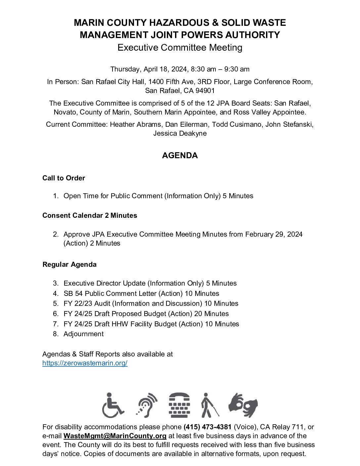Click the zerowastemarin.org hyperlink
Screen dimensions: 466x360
[85, 363]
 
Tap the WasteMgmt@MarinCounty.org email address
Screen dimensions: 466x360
[115, 436]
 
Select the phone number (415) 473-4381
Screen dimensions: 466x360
[207, 427]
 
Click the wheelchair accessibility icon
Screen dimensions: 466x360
[113, 405]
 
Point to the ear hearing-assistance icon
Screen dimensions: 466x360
[147, 405]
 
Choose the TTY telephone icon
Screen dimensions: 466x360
[179, 405]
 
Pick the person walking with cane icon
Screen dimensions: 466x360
[209, 405]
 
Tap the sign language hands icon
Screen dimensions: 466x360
[243, 405]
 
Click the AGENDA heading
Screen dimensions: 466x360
[180, 156]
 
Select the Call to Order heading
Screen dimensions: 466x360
[64, 178]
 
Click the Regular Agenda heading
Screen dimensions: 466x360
[69, 264]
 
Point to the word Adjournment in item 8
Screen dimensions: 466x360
[83, 334]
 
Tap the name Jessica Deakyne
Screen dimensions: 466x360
[180, 133]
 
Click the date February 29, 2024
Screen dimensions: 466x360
[274, 234]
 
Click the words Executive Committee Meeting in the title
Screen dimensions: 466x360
[180, 48]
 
